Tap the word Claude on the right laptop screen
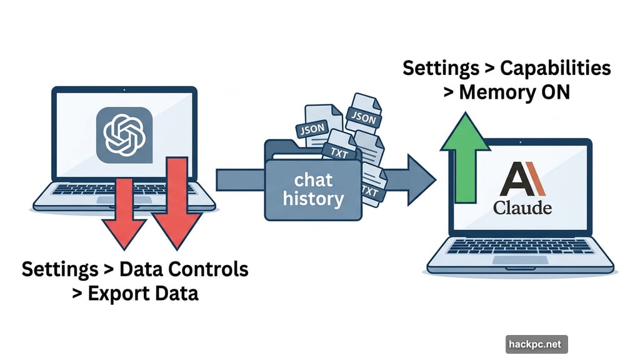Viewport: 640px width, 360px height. coord(522,207)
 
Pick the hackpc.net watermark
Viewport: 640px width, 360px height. coord(536,343)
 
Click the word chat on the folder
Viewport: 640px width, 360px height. coord(313,180)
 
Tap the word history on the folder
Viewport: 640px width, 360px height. coord(313,199)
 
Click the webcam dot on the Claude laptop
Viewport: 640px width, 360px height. coord(522,141)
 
